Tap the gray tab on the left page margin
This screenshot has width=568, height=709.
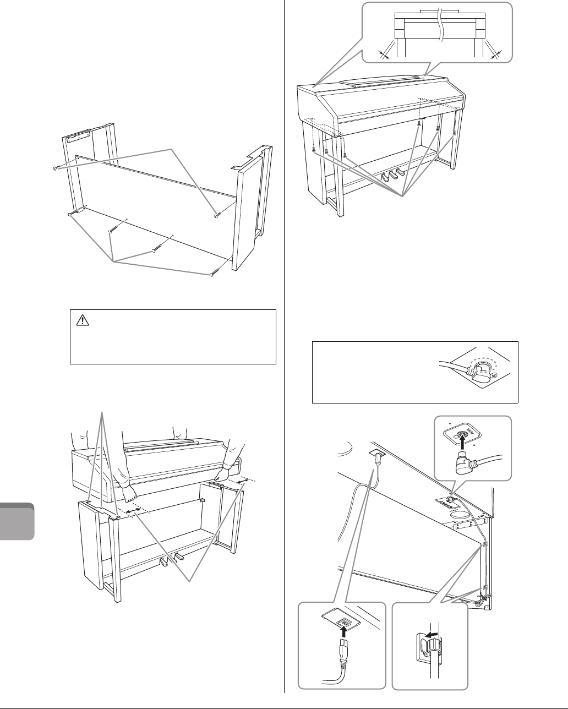tap(18, 521)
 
